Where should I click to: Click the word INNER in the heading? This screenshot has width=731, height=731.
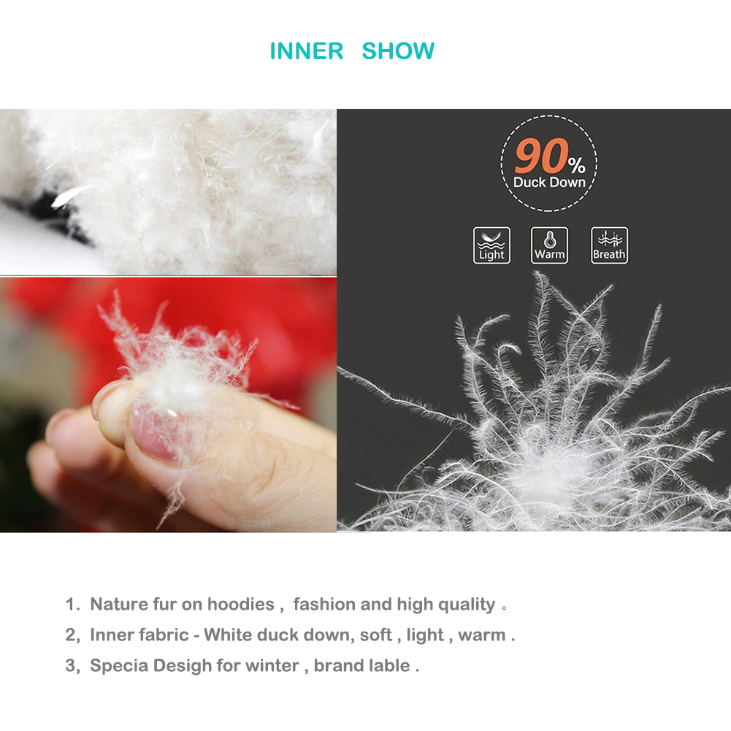pos(307,51)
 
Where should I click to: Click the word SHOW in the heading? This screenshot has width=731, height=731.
pos(398,51)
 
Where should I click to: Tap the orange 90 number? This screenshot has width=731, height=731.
pos(542,156)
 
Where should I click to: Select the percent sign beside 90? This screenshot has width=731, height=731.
pos(577,165)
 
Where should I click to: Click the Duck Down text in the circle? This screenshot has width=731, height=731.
pos(549,183)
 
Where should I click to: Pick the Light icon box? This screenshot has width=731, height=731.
pos(491,245)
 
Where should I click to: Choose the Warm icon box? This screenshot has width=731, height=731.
pos(549,245)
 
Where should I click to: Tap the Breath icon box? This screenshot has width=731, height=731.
pos(609,245)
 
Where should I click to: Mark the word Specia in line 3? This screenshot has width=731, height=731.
pos(119,666)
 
